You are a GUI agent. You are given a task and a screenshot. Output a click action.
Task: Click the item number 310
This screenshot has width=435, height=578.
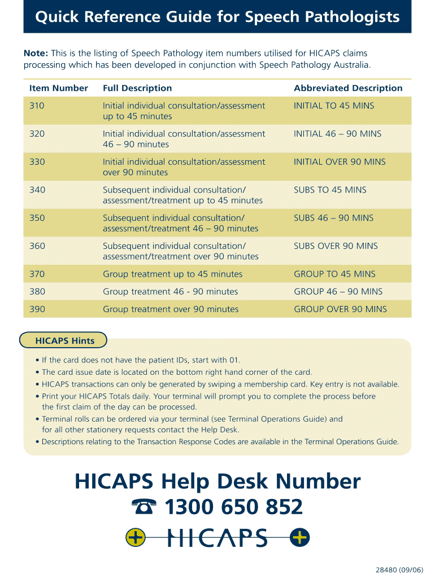tap(37, 106)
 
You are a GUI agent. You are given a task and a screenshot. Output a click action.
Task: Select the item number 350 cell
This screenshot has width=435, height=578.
tap(37, 218)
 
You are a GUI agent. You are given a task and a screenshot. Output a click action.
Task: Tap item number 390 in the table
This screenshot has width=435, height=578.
tap(37, 309)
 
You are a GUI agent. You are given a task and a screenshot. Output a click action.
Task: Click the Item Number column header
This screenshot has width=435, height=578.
tap(59, 88)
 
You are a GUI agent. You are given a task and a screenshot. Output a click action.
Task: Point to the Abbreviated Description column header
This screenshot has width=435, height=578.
tap(348, 88)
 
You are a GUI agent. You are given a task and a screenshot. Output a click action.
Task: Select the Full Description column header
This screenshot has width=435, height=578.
tap(137, 88)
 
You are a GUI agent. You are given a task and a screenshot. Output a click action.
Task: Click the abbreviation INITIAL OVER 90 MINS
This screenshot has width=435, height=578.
tap(340, 162)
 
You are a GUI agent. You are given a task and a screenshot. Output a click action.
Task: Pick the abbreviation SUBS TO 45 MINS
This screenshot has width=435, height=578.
tap(330, 190)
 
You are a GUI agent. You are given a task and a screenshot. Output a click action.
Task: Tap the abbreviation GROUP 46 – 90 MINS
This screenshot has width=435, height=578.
tap(338, 292)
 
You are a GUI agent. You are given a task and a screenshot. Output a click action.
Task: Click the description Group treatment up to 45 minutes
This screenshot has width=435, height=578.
tap(172, 274)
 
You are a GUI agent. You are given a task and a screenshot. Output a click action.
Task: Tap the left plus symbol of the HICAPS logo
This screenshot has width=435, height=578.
tap(136, 538)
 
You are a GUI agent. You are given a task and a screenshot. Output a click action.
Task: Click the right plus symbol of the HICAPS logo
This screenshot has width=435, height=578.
tap(299, 538)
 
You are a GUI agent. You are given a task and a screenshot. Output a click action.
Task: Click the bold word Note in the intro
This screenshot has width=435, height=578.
tap(36, 53)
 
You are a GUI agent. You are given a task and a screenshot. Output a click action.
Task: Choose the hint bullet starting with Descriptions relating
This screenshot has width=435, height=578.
tap(220, 442)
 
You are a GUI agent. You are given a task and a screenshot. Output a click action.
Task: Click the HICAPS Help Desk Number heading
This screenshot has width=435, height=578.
tap(217, 481)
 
